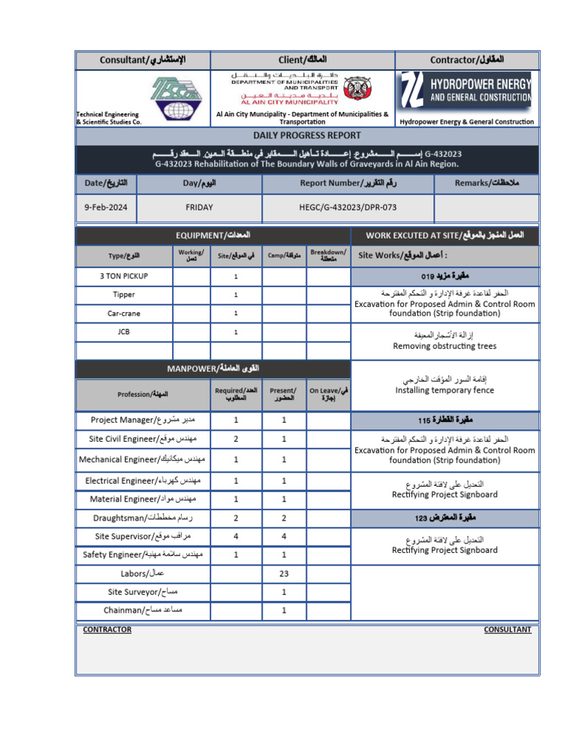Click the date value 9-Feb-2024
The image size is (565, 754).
tap(106, 208)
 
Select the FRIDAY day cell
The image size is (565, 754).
tap(199, 208)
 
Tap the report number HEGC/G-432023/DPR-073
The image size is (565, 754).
tap(348, 208)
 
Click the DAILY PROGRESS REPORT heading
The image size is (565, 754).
tap(307, 135)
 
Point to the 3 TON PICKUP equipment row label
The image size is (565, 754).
tap(124, 276)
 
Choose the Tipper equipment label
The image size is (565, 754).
tap(124, 295)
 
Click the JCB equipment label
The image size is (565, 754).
tap(124, 332)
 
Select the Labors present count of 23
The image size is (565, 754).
tap(284, 573)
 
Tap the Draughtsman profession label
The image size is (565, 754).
tap(143, 518)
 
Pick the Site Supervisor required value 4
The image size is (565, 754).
tap(236, 536)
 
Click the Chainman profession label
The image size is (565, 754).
tap(143, 610)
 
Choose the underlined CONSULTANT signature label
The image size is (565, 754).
tap(507, 630)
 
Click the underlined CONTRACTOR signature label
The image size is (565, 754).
tap(107, 630)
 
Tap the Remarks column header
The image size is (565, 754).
tap(486, 183)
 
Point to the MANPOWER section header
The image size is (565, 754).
tap(213, 368)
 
